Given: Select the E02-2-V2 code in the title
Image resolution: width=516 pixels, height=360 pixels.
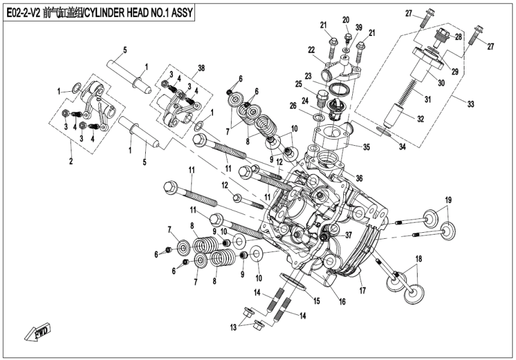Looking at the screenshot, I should (x=23, y=13).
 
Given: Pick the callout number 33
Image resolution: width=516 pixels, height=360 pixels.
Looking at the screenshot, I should (x=471, y=104).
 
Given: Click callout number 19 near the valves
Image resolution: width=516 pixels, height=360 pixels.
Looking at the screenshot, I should (x=448, y=199).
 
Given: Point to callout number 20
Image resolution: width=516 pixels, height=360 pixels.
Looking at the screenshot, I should (x=346, y=20).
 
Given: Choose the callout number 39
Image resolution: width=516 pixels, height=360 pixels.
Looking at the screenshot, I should (x=358, y=28).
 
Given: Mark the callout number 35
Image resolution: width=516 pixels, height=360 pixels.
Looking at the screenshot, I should (x=365, y=145).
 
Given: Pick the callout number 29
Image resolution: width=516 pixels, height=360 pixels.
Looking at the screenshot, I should (x=455, y=71).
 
